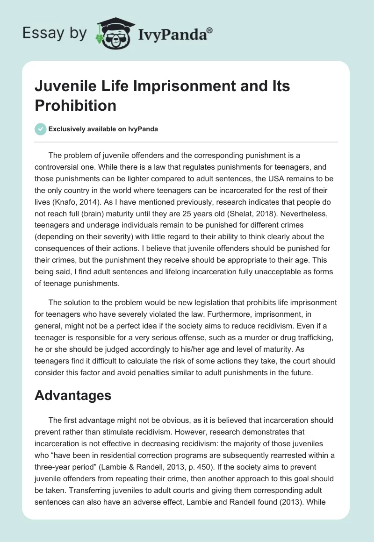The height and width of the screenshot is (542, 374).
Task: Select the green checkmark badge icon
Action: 40,129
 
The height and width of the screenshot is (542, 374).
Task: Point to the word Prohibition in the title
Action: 75,105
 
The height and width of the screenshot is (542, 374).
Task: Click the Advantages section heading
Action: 73,395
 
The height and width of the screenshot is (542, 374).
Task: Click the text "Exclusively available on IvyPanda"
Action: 103,129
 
